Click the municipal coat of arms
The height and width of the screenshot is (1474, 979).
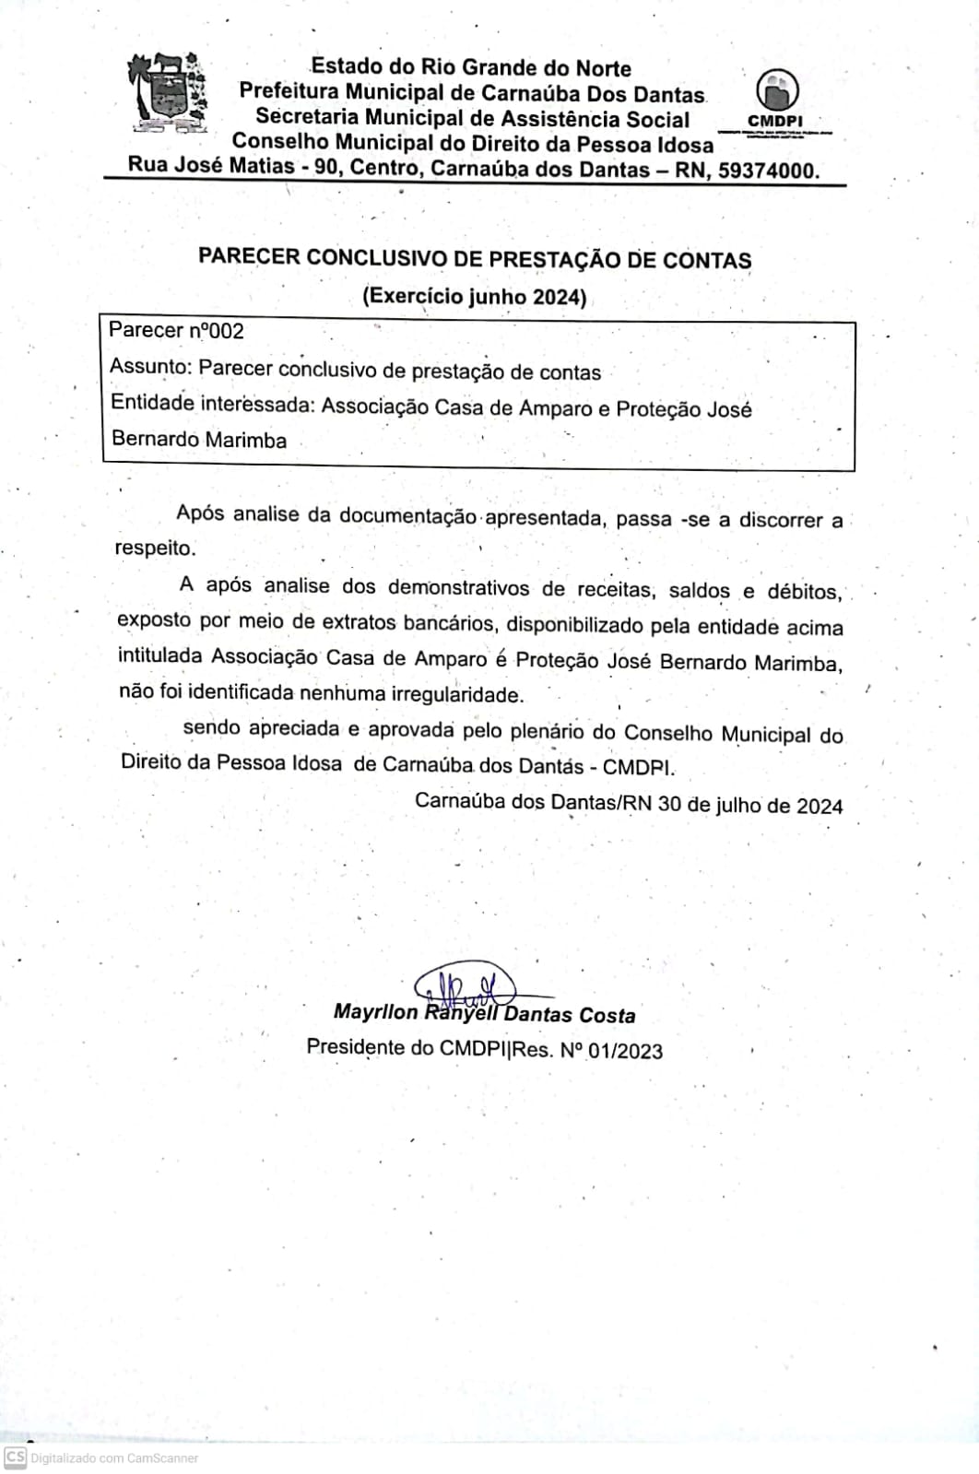point(166,92)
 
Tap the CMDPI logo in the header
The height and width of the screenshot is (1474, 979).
point(776,98)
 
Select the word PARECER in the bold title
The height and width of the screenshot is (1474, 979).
point(249,257)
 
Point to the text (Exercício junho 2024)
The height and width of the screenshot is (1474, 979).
point(474,296)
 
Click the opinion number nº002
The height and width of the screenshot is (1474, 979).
point(216,331)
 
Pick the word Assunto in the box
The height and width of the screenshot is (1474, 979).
point(149,367)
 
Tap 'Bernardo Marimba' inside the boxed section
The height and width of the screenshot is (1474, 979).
point(198,440)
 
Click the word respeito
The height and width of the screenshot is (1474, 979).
point(155,548)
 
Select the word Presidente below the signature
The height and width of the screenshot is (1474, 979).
point(356,1048)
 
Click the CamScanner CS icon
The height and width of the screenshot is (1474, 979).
point(15,1457)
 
